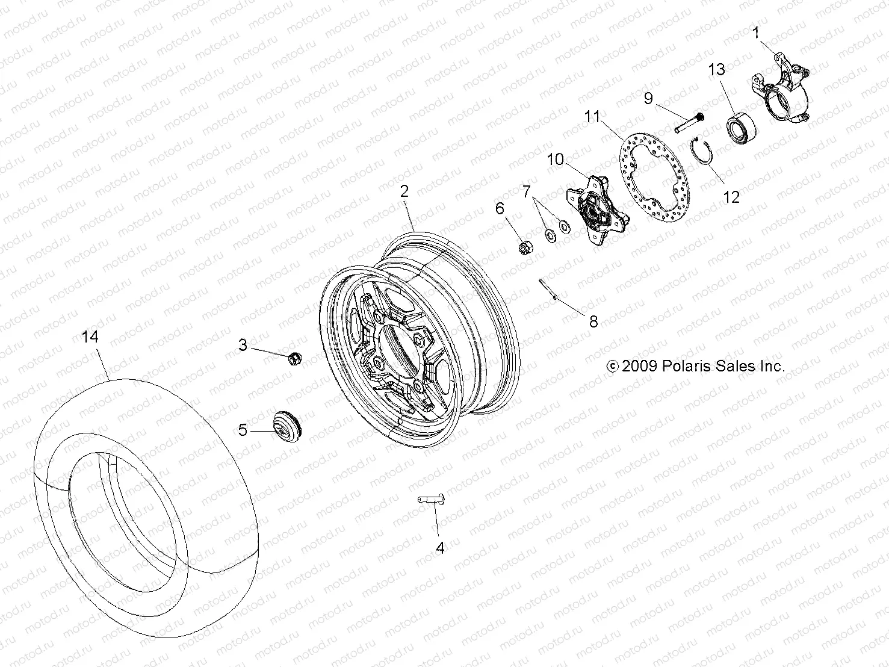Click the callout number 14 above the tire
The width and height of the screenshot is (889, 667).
coord(90,337)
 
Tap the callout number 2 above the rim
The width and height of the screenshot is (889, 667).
coord(404,191)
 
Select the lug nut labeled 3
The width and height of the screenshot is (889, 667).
coord(294,358)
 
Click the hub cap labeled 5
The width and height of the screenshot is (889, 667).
coord(288,426)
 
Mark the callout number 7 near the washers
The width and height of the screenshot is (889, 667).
coord(527,192)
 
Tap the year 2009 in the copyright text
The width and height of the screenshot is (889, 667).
coord(640,366)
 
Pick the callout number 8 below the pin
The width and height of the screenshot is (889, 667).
coord(593,322)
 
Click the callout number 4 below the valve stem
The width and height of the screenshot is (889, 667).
coord(440,548)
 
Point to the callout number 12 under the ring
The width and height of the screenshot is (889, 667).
coord(731,197)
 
